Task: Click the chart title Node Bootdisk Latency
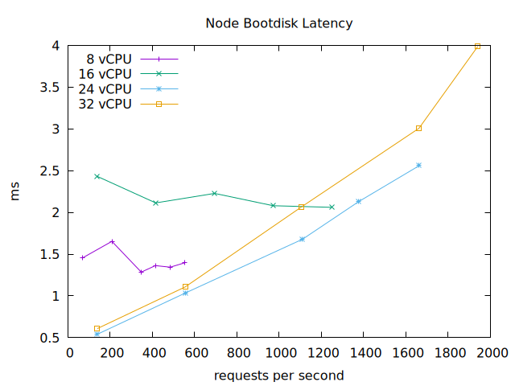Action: pos(279,23)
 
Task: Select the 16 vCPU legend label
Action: pos(105,74)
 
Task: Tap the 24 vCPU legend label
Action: pos(105,88)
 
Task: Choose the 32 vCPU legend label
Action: pos(105,104)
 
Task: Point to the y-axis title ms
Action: pos(15,192)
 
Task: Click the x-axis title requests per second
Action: pos(279,376)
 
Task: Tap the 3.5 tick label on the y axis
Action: pos(49,87)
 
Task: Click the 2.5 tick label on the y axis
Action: pos(49,170)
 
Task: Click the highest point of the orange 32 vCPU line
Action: pos(477,46)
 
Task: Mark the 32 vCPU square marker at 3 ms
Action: pos(418,128)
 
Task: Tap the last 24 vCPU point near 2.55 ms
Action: pos(418,165)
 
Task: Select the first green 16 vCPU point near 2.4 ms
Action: pos(97,176)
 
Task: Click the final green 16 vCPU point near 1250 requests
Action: pos(332,207)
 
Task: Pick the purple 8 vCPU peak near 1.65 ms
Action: pos(113,241)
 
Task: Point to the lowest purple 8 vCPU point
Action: pos(141,272)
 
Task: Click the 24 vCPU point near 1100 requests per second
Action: pos(302,239)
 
